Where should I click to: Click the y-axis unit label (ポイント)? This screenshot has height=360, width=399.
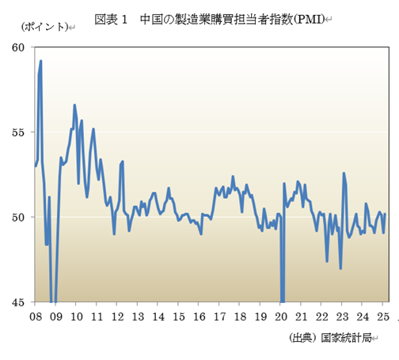(x=44, y=28)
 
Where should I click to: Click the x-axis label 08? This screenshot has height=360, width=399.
(x=36, y=316)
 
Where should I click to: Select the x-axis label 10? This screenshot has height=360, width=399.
(x=77, y=316)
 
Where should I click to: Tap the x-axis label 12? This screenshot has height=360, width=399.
(x=117, y=316)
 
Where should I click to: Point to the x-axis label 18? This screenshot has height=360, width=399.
(x=240, y=316)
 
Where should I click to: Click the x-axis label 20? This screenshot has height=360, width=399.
(x=281, y=316)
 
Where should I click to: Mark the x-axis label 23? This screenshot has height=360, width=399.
(x=342, y=316)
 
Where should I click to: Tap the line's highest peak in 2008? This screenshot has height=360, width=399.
(x=40, y=61)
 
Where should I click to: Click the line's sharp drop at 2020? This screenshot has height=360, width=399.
(x=282, y=299)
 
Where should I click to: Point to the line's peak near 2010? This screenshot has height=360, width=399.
(x=74, y=104)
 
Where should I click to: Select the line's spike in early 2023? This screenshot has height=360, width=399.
(x=344, y=173)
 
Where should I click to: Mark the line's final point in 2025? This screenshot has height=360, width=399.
(x=385, y=214)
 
